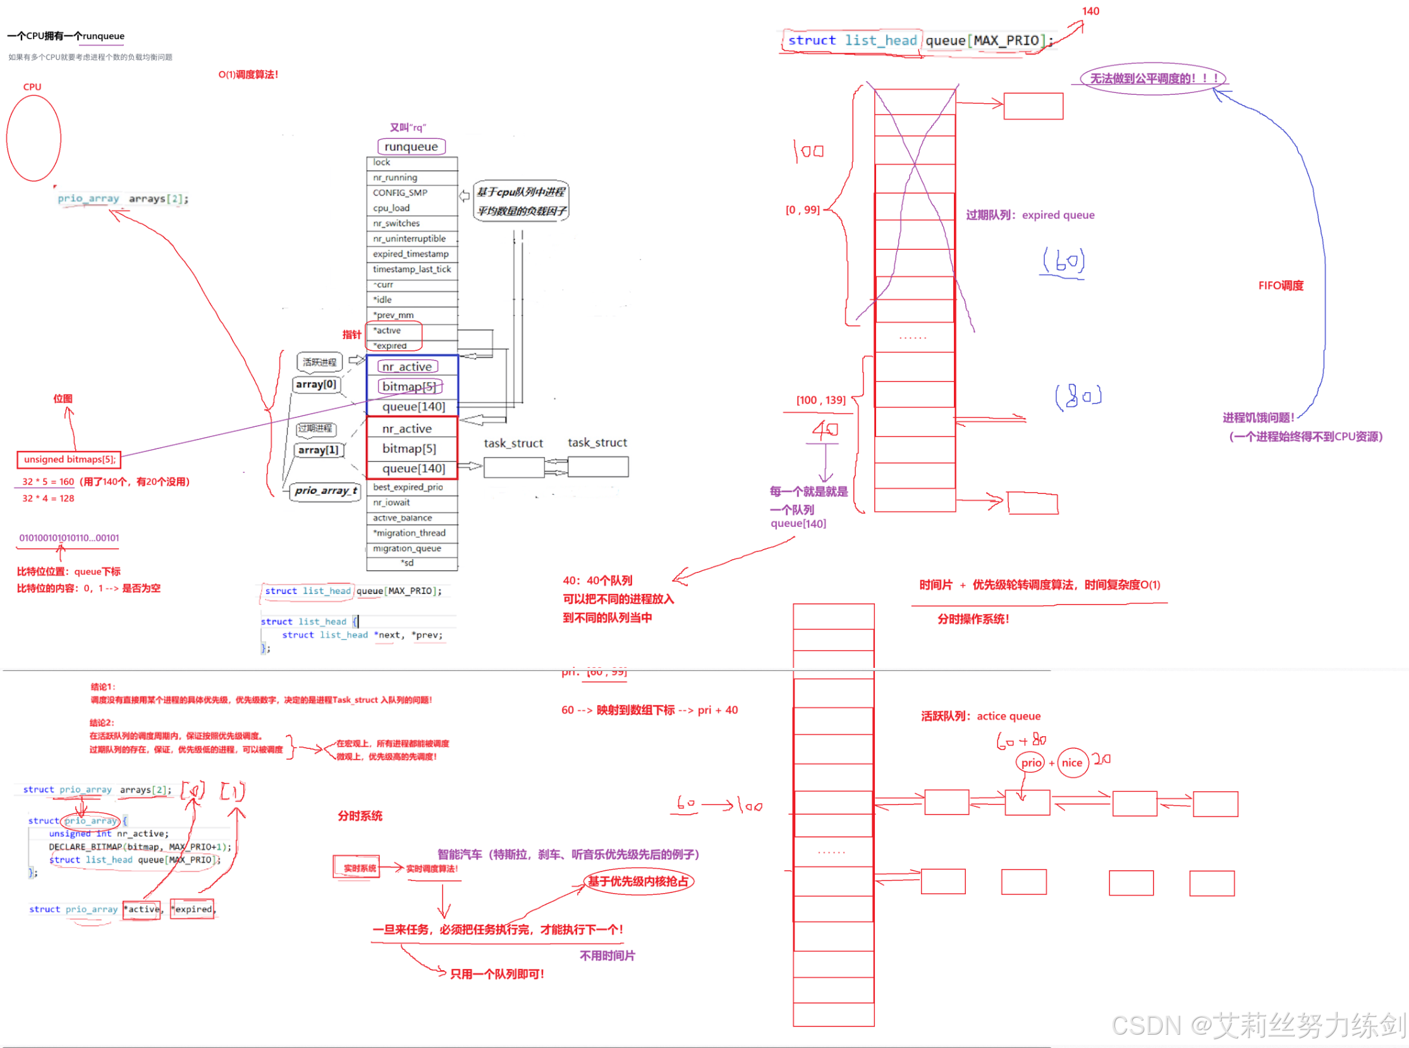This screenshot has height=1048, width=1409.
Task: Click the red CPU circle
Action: (x=34, y=139)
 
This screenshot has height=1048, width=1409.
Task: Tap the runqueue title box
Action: (x=411, y=147)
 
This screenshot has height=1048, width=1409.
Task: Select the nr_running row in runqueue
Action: (x=412, y=178)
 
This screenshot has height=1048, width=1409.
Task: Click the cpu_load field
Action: (x=412, y=208)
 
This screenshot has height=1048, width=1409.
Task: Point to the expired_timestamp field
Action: (x=412, y=254)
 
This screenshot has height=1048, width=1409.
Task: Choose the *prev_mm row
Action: (x=412, y=316)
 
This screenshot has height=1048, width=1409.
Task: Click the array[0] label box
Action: (x=316, y=385)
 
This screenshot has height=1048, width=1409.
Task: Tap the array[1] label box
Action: (x=318, y=450)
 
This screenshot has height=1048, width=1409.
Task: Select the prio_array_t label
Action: (x=326, y=490)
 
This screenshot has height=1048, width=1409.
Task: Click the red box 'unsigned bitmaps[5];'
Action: (x=69, y=459)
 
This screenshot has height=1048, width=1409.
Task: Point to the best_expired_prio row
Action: (x=412, y=487)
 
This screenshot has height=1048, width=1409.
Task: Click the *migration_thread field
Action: (x=412, y=533)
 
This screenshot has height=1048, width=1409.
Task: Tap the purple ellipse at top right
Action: (x=1153, y=78)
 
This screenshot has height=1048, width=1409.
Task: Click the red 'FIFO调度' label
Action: (x=1280, y=285)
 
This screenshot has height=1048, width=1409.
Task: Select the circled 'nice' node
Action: (x=1071, y=763)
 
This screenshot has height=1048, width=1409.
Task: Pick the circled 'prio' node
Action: (x=1031, y=763)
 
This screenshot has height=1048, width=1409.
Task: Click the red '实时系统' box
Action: (x=357, y=867)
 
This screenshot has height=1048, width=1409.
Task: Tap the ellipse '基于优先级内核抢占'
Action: (x=638, y=881)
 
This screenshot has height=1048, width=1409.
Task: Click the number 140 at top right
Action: (x=1090, y=11)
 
